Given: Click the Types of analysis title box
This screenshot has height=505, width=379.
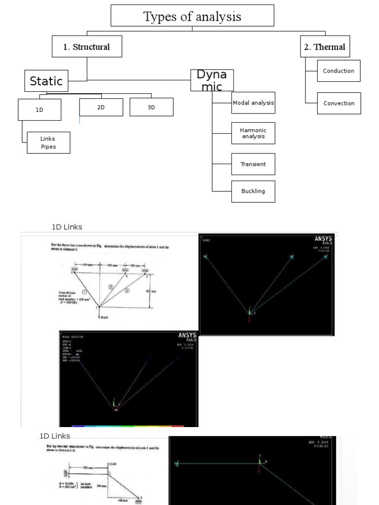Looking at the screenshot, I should pos(192,16).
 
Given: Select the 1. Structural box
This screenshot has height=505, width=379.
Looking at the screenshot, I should pos(87,47).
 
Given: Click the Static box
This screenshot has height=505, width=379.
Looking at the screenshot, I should pos(46,81).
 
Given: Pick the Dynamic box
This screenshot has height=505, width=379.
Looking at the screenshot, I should pos(212,80).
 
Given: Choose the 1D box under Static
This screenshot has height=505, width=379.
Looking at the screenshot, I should pos(39,109).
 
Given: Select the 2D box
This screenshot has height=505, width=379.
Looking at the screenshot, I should pos(101,107).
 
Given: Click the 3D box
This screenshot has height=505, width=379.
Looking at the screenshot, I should pos(152,107).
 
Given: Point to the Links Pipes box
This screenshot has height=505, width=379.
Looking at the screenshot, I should pos(48,143).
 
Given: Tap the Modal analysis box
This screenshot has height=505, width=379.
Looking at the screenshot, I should pos(253,103).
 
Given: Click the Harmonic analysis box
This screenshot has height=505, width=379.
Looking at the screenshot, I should pos(253,133).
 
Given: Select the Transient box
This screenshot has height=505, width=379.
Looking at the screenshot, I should pos(253,164).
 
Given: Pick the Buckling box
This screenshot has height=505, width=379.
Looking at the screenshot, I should pos(253,191).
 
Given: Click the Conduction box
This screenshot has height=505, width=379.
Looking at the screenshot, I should pos(339,71).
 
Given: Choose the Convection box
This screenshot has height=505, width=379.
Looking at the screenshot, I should pos(339,103).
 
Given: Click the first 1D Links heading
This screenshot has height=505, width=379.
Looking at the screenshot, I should pos(67,227).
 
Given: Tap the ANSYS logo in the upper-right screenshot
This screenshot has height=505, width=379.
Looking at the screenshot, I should pos(324,240).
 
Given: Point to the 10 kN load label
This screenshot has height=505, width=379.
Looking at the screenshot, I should pos(104,318).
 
